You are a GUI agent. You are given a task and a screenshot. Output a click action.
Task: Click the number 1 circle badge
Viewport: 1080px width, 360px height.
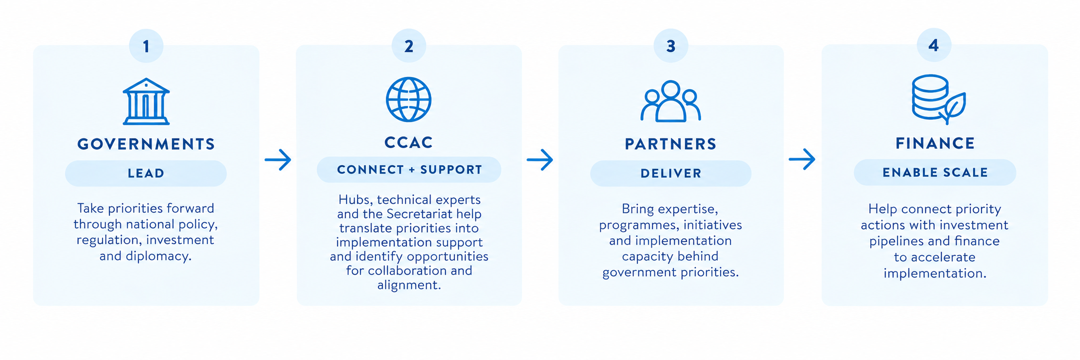point(146,46)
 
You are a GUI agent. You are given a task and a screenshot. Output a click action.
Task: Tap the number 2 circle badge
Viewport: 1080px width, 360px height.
point(409,46)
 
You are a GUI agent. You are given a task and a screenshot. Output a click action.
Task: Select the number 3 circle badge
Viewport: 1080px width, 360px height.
point(671,46)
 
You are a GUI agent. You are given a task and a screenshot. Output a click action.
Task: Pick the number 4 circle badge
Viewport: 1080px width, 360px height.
point(934,45)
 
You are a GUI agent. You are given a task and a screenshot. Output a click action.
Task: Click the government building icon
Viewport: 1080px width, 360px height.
point(146,101)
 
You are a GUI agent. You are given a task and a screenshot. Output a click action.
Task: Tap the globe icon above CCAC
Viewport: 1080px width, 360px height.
point(409,99)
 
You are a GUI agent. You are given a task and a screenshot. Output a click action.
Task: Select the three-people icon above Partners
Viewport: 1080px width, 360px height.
point(671,101)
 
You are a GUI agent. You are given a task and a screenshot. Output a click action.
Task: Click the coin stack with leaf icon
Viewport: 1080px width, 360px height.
point(938,99)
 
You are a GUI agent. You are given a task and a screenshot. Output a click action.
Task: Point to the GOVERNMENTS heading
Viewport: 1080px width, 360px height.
point(146,144)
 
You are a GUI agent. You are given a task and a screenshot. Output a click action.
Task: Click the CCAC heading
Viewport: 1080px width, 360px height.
point(409,143)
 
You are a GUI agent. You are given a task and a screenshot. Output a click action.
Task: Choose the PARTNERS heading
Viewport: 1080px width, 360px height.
point(671,144)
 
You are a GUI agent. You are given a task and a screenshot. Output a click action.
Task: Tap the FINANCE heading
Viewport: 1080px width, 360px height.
point(935,143)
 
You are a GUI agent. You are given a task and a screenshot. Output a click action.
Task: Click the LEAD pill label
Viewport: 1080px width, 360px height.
point(146,174)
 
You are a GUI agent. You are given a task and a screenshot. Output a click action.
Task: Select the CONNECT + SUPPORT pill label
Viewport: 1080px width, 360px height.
point(409,170)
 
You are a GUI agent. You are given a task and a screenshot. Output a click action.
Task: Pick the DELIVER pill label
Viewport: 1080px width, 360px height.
point(671,174)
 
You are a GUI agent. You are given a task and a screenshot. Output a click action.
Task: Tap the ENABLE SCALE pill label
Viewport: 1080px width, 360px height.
point(935,173)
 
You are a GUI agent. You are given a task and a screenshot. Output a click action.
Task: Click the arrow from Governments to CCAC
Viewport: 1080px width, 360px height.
point(278,160)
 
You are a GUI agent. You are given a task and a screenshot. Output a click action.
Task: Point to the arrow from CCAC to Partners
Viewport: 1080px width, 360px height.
point(540,160)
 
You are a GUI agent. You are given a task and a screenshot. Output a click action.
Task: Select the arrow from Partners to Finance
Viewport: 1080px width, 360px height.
point(802,159)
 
